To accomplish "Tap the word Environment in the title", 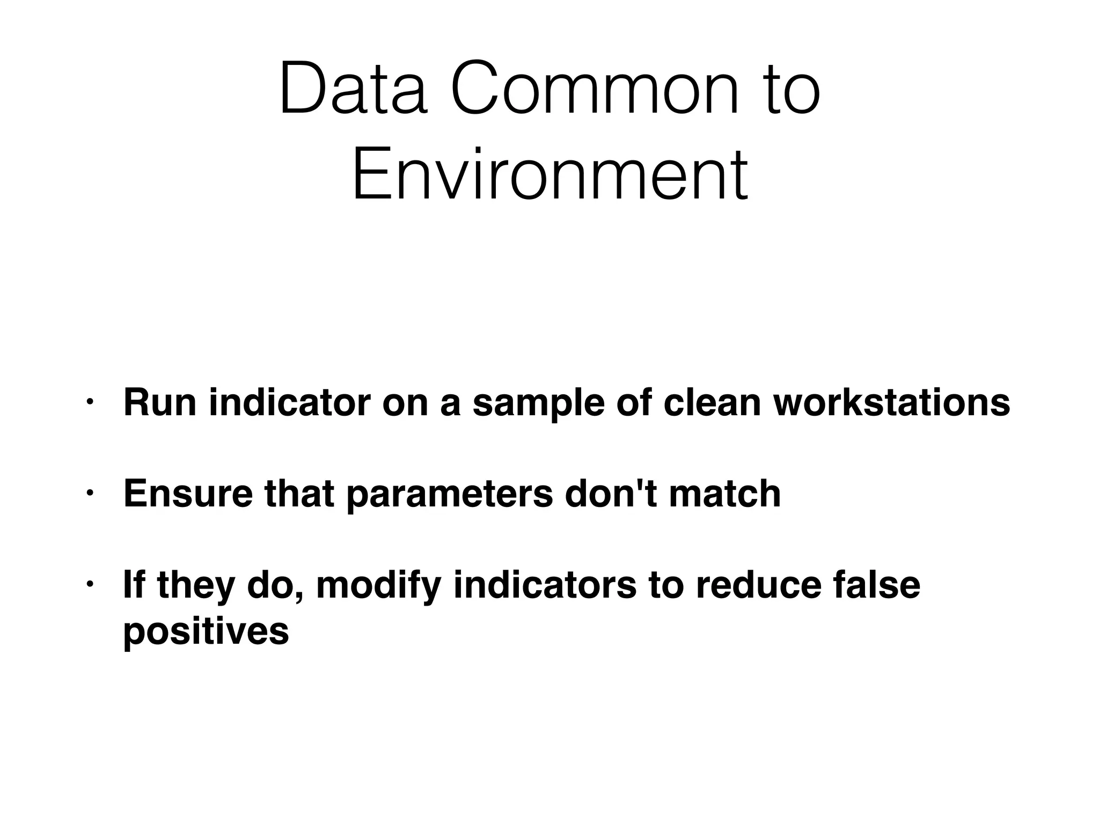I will tap(549, 174).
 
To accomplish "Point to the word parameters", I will tap(450, 495).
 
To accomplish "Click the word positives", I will tap(206, 632).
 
